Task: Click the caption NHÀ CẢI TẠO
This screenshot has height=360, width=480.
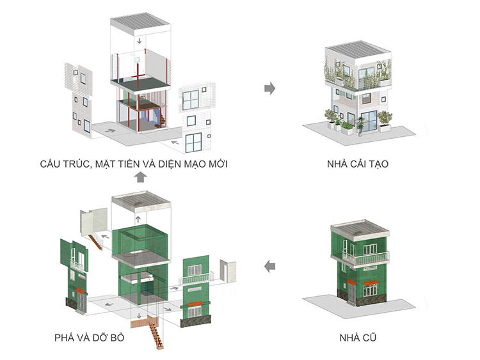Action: (x=358, y=164)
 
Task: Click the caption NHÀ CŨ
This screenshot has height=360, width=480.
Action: (x=358, y=338)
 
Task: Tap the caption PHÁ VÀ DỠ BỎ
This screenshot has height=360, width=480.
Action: (x=90, y=338)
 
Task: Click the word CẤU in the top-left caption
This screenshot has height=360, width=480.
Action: (x=51, y=164)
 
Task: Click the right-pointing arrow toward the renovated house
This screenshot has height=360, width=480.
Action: (x=269, y=89)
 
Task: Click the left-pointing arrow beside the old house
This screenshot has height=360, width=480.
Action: (x=269, y=266)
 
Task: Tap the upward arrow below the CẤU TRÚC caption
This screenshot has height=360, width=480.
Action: (x=140, y=176)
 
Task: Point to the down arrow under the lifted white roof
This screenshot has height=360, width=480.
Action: (x=140, y=41)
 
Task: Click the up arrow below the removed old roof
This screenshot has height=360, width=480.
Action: (x=138, y=219)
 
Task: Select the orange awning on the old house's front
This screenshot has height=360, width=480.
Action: (x=371, y=283)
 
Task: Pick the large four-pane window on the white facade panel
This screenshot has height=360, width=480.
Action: (x=191, y=100)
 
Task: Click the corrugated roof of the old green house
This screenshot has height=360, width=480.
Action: (x=360, y=228)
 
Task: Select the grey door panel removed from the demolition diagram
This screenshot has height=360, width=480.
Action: (x=228, y=271)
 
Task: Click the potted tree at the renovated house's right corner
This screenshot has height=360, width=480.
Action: (x=385, y=121)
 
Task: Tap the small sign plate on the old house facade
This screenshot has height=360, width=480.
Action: (x=370, y=269)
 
